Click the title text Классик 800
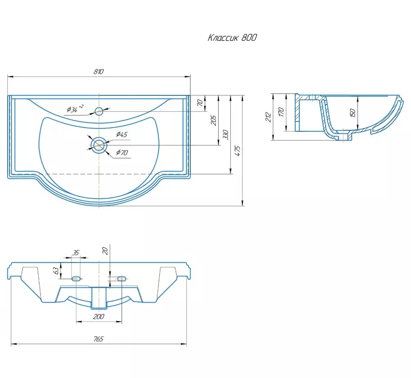point(232,38)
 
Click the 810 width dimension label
point(99,71)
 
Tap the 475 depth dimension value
point(238,151)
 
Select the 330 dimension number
point(226,135)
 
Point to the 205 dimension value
point(214,120)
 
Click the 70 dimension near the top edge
point(200,103)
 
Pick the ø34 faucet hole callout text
point(75,109)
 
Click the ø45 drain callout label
point(122,135)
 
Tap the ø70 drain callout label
point(122,152)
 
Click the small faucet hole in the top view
point(99,111)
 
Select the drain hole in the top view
point(99,145)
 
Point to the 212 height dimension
point(268,117)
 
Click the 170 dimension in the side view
point(281,112)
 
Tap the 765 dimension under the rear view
point(99,339)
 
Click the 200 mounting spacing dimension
point(99,316)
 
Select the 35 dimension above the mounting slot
point(76,252)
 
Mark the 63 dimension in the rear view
point(56,270)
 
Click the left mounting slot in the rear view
point(76,279)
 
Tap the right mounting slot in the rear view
point(122,279)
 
